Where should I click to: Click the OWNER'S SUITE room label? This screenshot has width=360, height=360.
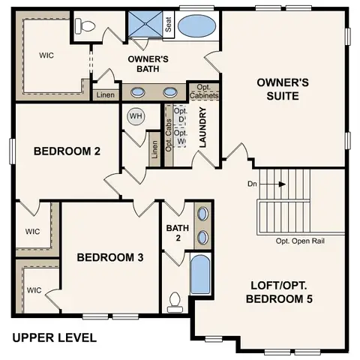pyautogui.click(x=278, y=89)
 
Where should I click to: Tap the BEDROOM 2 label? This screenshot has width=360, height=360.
pyautogui.click(x=67, y=150)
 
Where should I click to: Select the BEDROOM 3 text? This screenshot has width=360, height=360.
pyautogui.click(x=110, y=256)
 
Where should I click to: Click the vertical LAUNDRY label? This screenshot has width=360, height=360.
pyautogui.click(x=202, y=127)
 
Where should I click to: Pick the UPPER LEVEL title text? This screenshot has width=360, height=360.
pyautogui.click(x=54, y=337)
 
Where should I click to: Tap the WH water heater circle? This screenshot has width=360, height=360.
pyautogui.click(x=136, y=116)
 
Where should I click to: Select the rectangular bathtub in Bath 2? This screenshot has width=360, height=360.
pyautogui.click(x=200, y=275)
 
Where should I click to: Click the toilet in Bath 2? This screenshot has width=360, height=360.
pyautogui.click(x=175, y=301)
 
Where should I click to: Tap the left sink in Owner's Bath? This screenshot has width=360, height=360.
pyautogui.click(x=139, y=92)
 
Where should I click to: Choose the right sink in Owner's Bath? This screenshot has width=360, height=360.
pyautogui.click(x=171, y=92)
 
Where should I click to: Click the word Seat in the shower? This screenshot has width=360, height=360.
pyautogui.click(x=169, y=25)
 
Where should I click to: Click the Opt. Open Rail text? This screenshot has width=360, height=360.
pyautogui.click(x=300, y=241)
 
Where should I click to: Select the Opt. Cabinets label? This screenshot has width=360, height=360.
pyautogui.click(x=203, y=91)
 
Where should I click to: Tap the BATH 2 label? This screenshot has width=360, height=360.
pyautogui.click(x=173, y=232)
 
